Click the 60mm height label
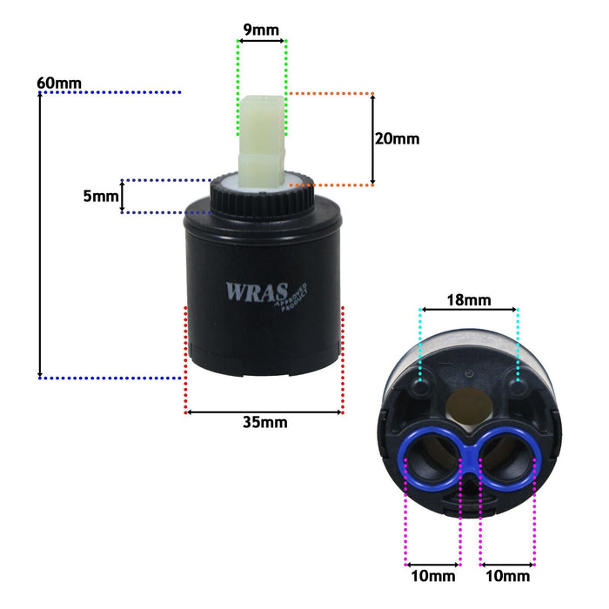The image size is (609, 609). pos(59,84)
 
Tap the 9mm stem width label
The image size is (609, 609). pos(261,30)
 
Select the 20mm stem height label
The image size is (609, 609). pos(397,138)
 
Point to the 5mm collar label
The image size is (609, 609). pos(101,196)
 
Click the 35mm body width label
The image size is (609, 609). pos(265,422)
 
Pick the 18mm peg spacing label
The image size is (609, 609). pos(469,300)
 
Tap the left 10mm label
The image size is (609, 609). pos(433,576)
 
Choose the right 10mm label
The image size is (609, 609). pos(507,576)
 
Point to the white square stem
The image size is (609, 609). pos(262,142)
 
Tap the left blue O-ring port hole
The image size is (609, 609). pos(432,459)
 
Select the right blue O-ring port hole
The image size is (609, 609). pos(506,459)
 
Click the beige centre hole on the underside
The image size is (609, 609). pos(469,407)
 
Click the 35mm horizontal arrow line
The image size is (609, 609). pos(264,412)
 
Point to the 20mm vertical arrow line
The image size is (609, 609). pos(373,139)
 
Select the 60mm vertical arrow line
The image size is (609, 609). pos(40,235)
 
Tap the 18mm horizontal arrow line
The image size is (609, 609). pos(469,310)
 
